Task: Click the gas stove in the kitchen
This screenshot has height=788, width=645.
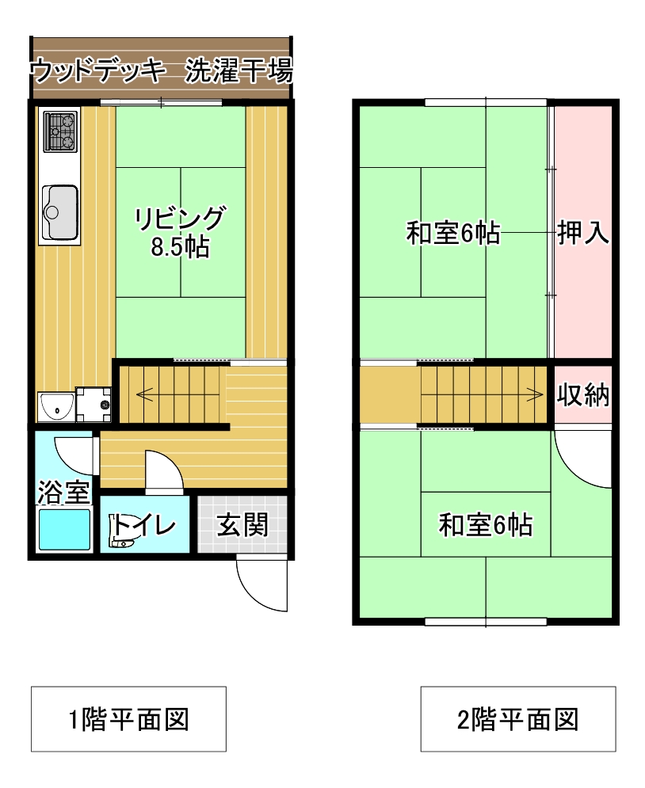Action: tap(60, 131)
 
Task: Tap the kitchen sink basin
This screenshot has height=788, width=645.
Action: tap(59, 212)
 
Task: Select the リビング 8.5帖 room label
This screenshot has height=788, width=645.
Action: tap(180, 232)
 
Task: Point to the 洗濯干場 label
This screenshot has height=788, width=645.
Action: tap(239, 70)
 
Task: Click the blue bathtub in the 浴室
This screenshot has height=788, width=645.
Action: tap(64, 529)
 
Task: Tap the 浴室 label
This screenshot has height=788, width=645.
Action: tap(64, 492)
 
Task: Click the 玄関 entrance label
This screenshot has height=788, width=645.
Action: tap(242, 524)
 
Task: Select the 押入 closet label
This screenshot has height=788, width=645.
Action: tap(583, 232)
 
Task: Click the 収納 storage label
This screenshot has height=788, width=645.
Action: tap(583, 394)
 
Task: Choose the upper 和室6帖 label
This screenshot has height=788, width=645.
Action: tap(453, 233)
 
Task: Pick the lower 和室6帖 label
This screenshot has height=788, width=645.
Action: tap(486, 524)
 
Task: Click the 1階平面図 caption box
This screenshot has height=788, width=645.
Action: tap(128, 718)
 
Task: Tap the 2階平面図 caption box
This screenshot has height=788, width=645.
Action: tap(518, 718)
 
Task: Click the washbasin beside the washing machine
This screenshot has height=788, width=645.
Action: tap(55, 406)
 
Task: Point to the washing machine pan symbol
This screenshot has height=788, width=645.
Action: tap(94, 404)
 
